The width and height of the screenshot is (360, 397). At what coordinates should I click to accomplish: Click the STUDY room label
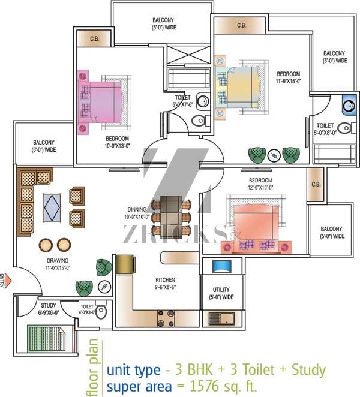click(x=48, y=306)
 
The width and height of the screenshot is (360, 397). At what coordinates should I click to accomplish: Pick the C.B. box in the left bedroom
click(x=94, y=39)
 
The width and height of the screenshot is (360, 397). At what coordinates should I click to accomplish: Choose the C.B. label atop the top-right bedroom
click(x=241, y=25)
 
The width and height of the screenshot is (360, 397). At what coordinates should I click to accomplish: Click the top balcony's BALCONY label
click(x=163, y=20)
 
